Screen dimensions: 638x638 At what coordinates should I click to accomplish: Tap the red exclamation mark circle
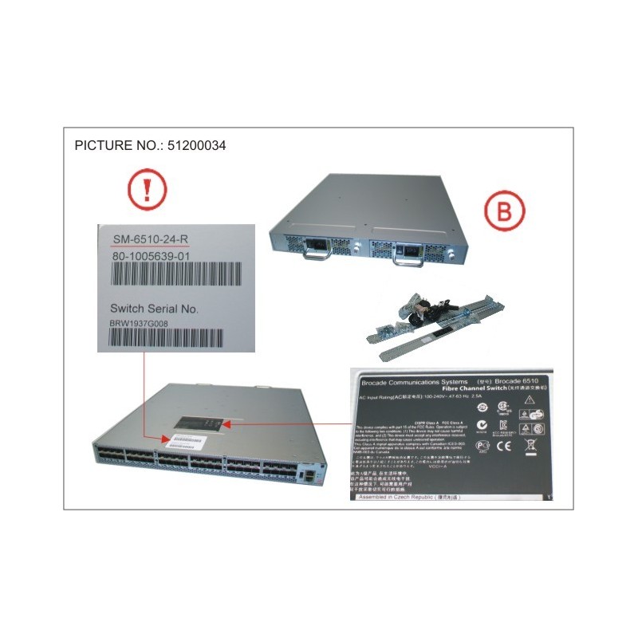point(147,191)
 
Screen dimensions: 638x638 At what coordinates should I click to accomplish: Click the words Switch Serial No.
point(153,308)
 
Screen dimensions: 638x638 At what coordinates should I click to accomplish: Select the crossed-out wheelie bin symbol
point(529,447)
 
